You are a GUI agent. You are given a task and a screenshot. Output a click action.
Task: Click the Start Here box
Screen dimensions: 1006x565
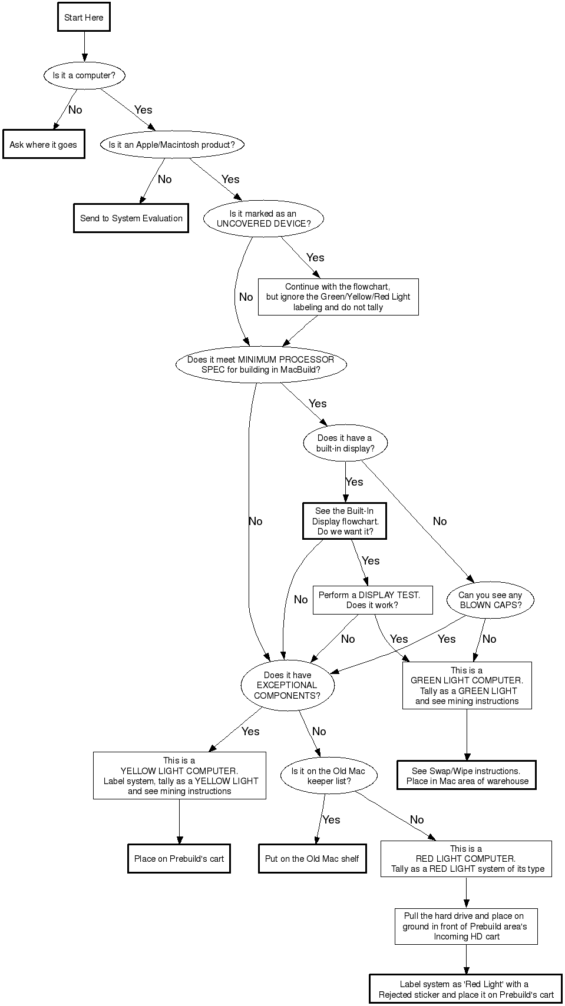84,17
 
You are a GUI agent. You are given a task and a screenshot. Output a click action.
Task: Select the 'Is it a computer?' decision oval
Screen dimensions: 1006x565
84,75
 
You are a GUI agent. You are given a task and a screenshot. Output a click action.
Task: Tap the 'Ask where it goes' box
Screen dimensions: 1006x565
44,144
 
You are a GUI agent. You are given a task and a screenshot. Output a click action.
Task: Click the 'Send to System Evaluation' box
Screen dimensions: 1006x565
131,218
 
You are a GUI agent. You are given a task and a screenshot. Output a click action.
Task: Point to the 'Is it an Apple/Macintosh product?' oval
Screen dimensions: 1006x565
171,144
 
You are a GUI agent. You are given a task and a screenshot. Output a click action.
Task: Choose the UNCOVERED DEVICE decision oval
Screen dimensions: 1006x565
263,218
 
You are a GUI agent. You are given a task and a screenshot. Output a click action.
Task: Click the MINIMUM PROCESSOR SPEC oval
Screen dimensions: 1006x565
260,364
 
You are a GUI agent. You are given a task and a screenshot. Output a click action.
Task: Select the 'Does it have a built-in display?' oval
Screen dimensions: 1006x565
345,443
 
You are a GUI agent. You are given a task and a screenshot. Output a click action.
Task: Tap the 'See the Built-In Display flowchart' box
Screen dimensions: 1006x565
345,521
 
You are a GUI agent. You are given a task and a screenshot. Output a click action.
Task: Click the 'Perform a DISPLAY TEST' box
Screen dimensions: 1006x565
372,600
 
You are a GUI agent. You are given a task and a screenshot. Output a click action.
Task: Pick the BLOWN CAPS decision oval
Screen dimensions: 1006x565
490,600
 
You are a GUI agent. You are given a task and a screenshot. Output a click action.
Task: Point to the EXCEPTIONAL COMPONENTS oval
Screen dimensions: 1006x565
288,685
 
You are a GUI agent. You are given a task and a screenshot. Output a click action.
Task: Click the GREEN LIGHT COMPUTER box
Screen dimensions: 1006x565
467,685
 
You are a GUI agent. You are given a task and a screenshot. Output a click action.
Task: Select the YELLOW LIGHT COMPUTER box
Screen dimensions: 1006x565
179,775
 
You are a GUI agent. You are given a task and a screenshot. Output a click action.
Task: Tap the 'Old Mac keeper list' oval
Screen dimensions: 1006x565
328,776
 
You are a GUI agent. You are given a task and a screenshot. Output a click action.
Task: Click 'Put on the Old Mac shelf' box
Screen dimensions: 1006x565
312,858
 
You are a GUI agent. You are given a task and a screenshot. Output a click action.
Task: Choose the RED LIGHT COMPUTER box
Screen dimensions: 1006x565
466,858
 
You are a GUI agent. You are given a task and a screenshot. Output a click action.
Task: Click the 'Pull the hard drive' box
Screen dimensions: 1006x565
466,926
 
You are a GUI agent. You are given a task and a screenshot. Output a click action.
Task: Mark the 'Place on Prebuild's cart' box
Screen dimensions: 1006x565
179,858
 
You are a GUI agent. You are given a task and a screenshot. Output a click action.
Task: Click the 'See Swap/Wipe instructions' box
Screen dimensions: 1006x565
467,776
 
